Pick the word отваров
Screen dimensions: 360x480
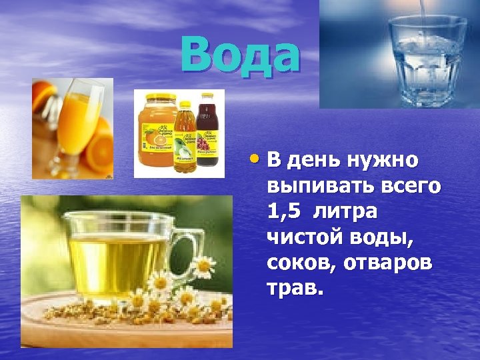point(388,262)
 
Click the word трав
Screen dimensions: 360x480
point(295,287)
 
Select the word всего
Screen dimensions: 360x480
point(412,187)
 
